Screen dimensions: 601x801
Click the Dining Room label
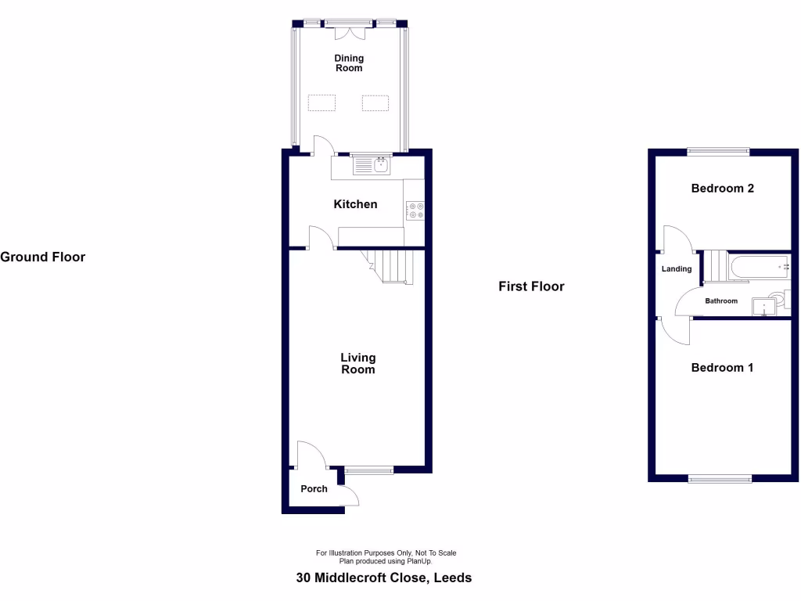[x=349, y=63]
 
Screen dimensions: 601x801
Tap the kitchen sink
[x=372, y=166]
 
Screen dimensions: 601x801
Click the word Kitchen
[x=355, y=204]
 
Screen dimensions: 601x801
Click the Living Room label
[x=357, y=364]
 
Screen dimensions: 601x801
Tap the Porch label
[x=314, y=489]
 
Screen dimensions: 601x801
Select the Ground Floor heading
[x=43, y=257]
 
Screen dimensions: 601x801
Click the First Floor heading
[x=531, y=286]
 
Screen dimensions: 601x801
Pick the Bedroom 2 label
[x=722, y=189]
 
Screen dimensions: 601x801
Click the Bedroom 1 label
[x=722, y=368]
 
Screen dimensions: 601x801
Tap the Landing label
[x=677, y=269]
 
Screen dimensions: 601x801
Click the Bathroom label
[x=721, y=301]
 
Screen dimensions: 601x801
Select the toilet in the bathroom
[x=779, y=298]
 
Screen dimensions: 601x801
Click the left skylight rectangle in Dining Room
[x=322, y=103]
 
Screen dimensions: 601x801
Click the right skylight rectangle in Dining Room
[x=375, y=103]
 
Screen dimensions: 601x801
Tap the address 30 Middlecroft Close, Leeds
[x=384, y=578]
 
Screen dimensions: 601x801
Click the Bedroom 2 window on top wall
[x=718, y=151]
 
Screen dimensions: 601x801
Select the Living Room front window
[x=369, y=470]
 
